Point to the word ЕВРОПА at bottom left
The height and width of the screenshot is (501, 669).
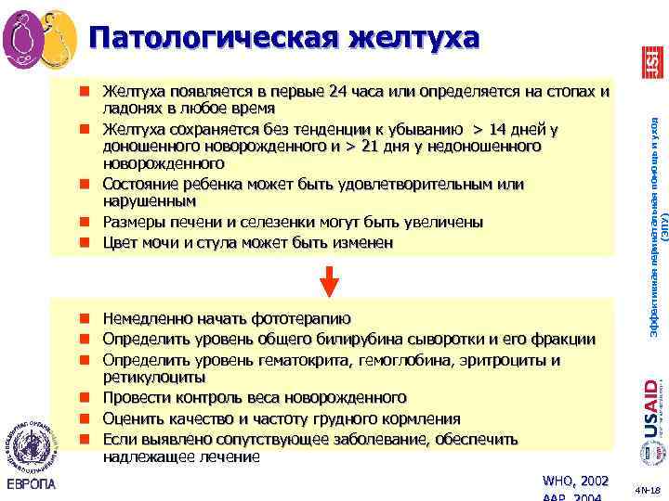[31, 484]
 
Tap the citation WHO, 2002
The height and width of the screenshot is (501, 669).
[576, 481]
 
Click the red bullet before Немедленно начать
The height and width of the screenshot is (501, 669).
[84, 318]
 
